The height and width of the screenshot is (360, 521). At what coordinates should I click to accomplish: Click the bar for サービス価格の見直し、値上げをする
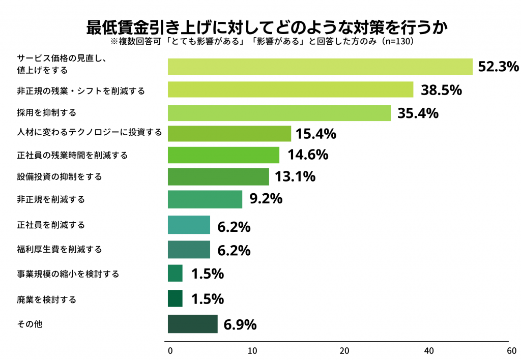click(x=320, y=67)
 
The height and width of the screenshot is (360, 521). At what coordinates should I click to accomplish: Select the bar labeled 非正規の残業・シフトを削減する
click(x=290, y=89)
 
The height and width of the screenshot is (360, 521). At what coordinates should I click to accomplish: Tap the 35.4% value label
click(x=418, y=113)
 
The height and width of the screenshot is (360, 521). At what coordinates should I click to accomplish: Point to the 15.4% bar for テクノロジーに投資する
click(x=229, y=134)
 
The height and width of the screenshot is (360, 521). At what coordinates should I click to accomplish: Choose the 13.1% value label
click(x=295, y=176)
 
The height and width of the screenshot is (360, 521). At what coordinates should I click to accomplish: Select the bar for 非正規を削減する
click(x=205, y=199)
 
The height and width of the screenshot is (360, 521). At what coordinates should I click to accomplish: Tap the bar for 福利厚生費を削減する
click(x=189, y=250)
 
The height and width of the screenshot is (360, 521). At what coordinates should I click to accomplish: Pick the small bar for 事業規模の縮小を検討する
click(x=175, y=274)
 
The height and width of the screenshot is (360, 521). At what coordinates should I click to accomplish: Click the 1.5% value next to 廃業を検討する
click(x=207, y=299)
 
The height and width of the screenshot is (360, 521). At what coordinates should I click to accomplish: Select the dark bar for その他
click(x=192, y=324)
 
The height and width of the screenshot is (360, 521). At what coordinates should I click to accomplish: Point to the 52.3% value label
click(x=498, y=67)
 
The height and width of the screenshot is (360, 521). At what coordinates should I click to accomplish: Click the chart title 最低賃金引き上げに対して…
click(x=260, y=26)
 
